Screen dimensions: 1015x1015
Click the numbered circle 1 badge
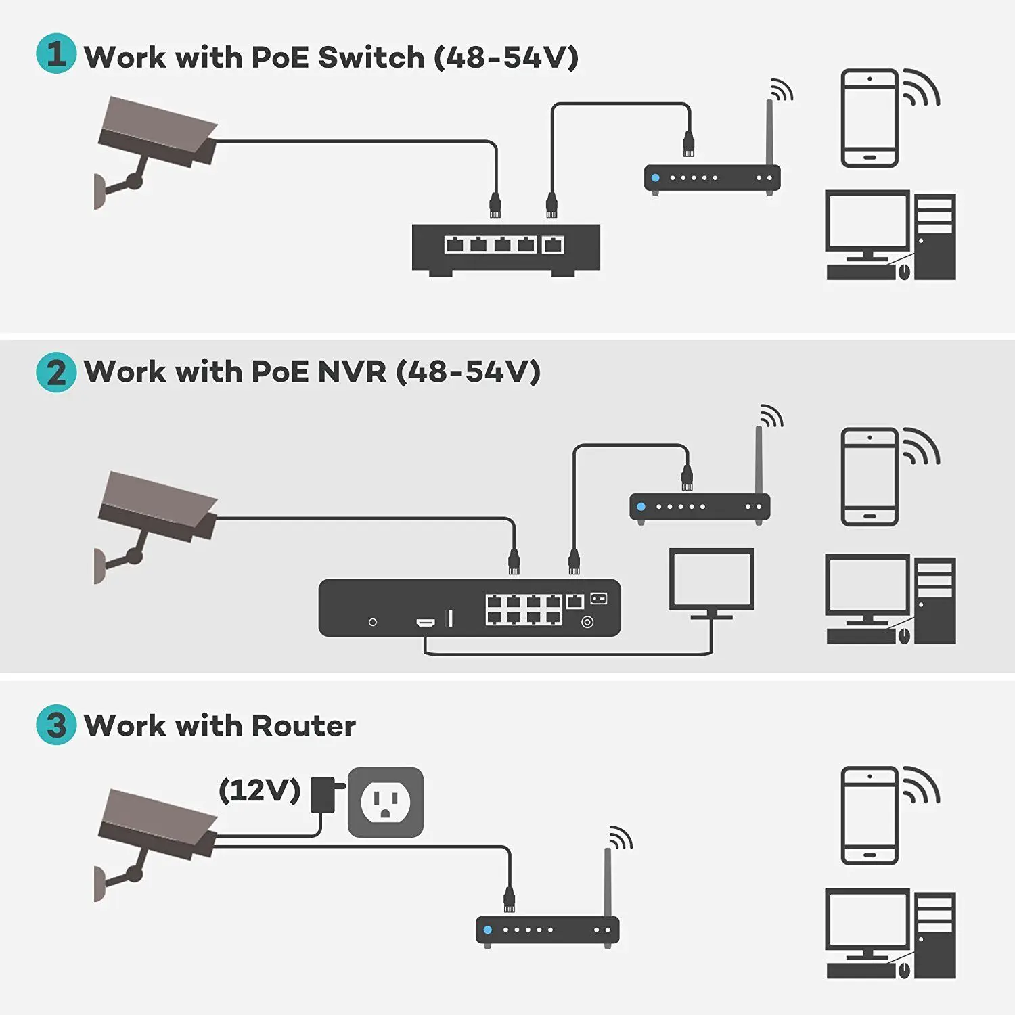(56, 53)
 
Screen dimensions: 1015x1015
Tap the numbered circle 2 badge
(56, 372)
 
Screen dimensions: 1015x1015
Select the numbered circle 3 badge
(56, 725)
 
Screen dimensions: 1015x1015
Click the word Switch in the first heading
(371, 58)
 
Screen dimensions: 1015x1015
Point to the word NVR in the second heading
(351, 371)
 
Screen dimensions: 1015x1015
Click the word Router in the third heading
(303, 726)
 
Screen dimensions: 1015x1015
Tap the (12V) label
(259, 790)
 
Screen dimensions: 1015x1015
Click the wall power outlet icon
(385, 802)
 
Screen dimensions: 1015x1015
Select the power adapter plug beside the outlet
(323, 794)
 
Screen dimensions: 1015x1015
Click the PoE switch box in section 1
(505, 248)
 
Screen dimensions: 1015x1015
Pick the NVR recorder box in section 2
(469, 608)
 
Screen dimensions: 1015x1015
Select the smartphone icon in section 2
(870, 476)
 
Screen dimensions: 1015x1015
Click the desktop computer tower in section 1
(935, 237)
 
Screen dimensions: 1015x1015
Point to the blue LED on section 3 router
(488, 930)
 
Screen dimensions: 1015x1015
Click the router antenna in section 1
(769, 132)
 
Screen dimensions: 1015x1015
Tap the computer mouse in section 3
(904, 970)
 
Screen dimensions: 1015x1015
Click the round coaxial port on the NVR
(587, 622)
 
